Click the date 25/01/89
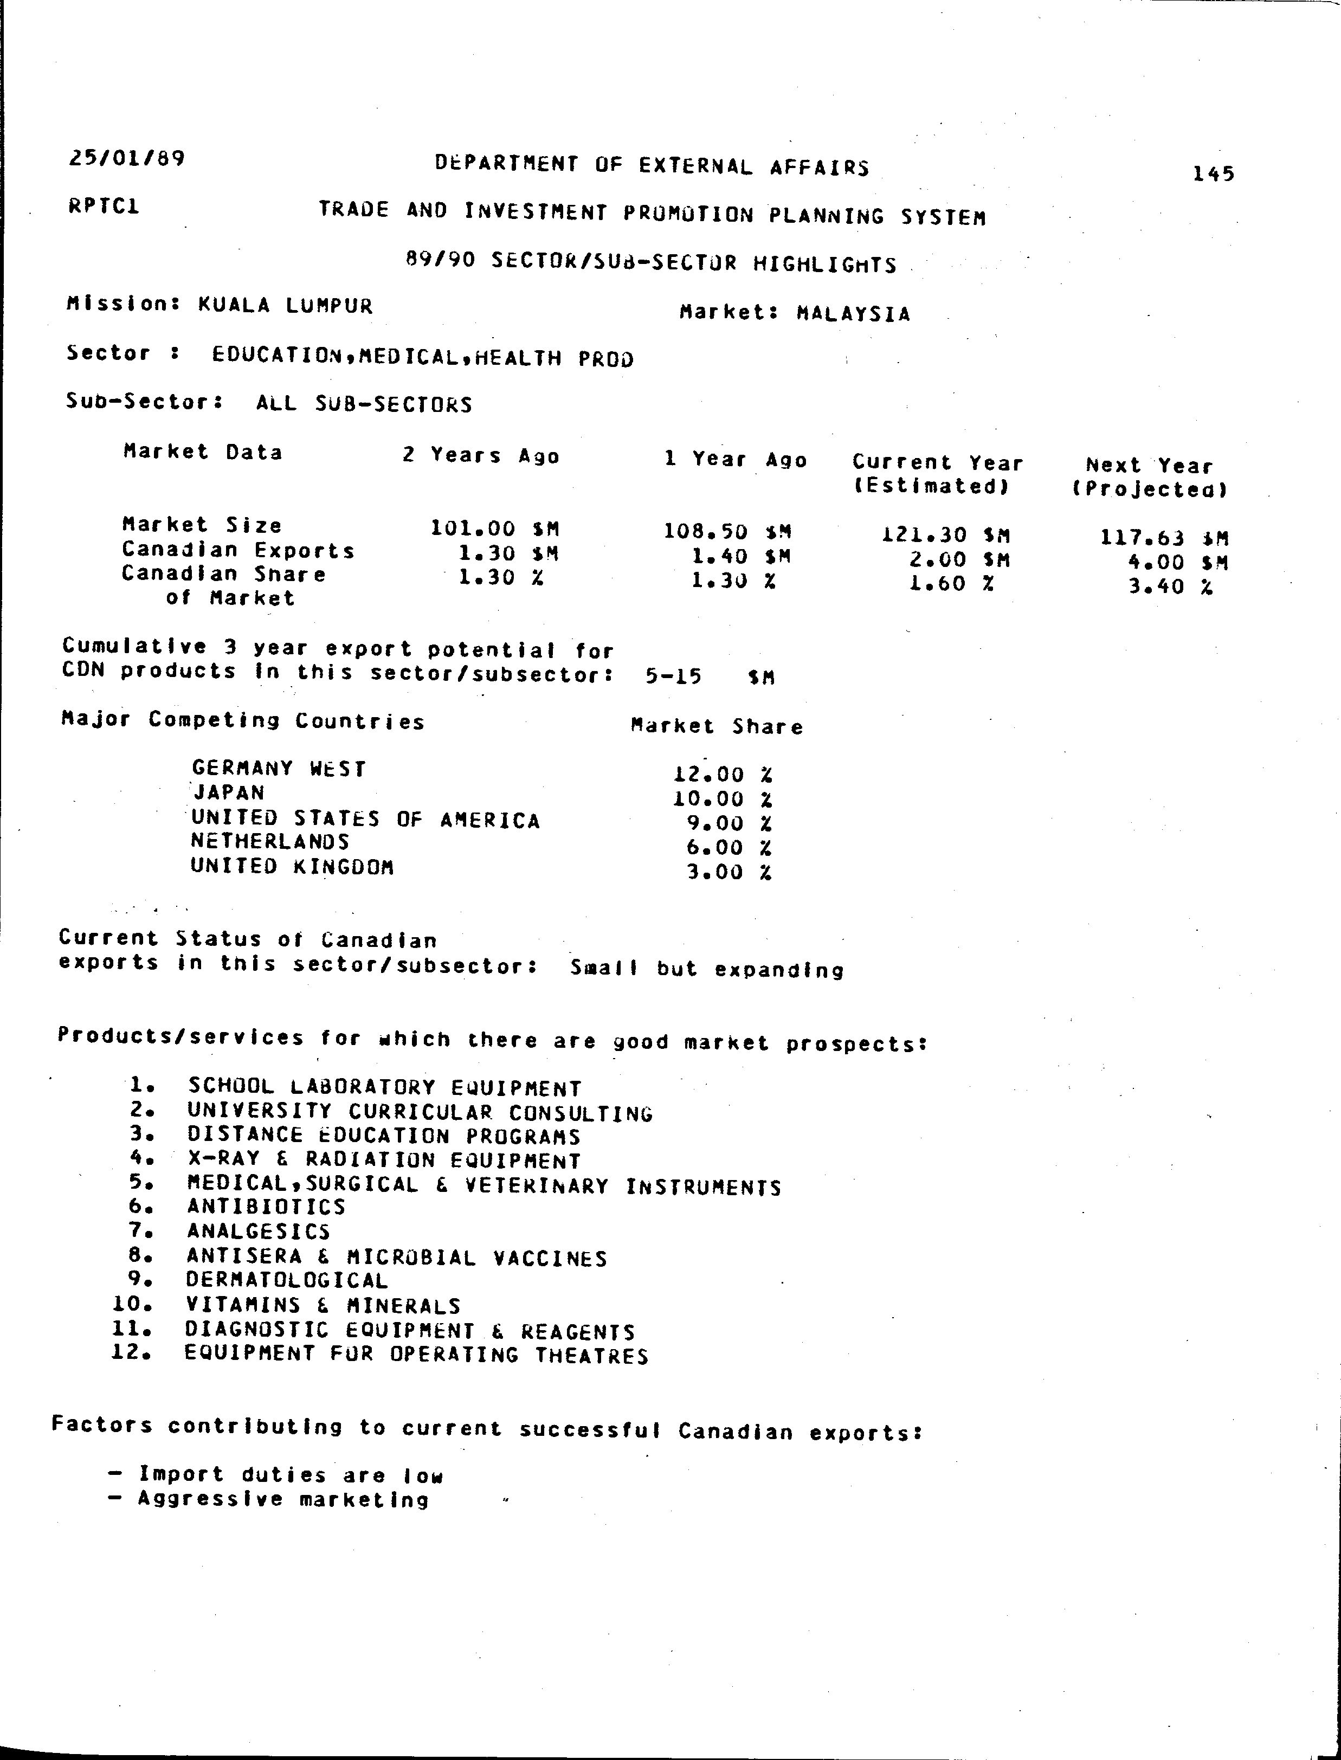pyautogui.click(x=127, y=158)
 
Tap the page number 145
pyautogui.click(x=1213, y=173)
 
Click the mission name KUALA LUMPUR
pyautogui.click(x=285, y=306)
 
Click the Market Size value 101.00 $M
pyautogui.click(x=495, y=528)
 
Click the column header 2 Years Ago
pyautogui.click(x=481, y=456)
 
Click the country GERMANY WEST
pyautogui.click(x=279, y=769)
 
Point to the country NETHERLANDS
pyautogui.click(x=270, y=841)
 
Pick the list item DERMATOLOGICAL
pyautogui.click(x=287, y=1280)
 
